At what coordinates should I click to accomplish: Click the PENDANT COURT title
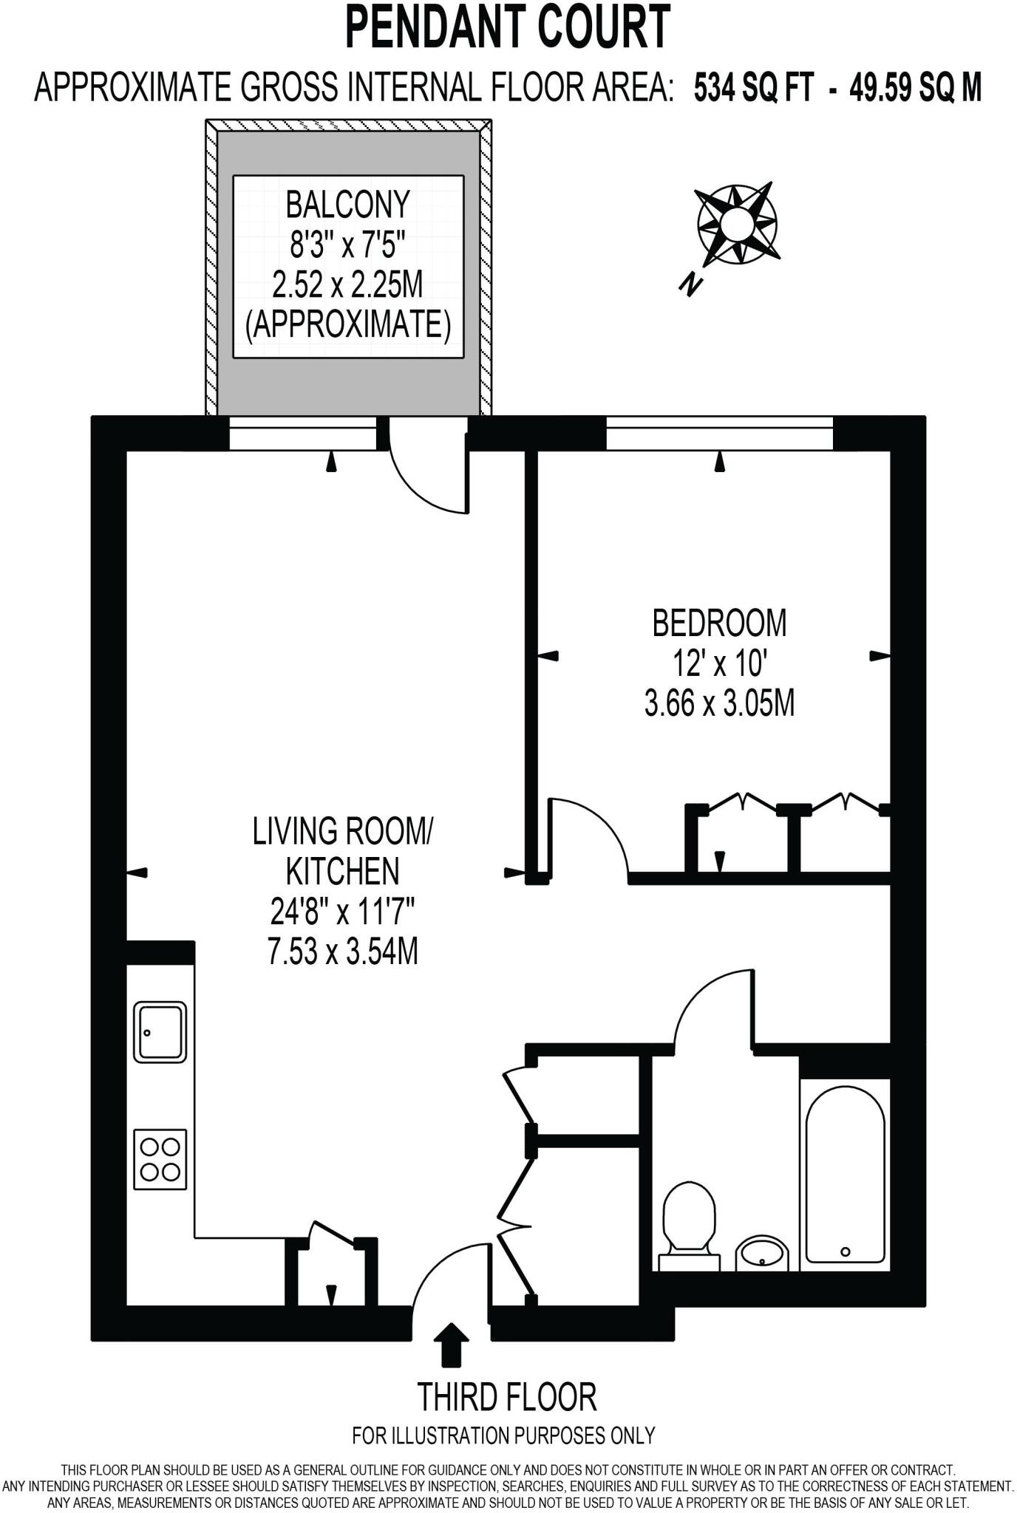pos(508,27)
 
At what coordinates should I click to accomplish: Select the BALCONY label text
pos(347,205)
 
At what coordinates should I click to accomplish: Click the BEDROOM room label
pos(719,623)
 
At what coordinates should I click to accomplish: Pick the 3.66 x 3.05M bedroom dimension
pos(719,703)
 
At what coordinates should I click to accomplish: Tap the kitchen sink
pos(160,1032)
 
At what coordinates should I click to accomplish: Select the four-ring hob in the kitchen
pos(160,1159)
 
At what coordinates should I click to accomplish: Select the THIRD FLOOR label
pos(507,1396)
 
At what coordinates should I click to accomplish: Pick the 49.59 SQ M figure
pos(915,89)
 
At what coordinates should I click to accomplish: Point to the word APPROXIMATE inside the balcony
pos(347,324)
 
